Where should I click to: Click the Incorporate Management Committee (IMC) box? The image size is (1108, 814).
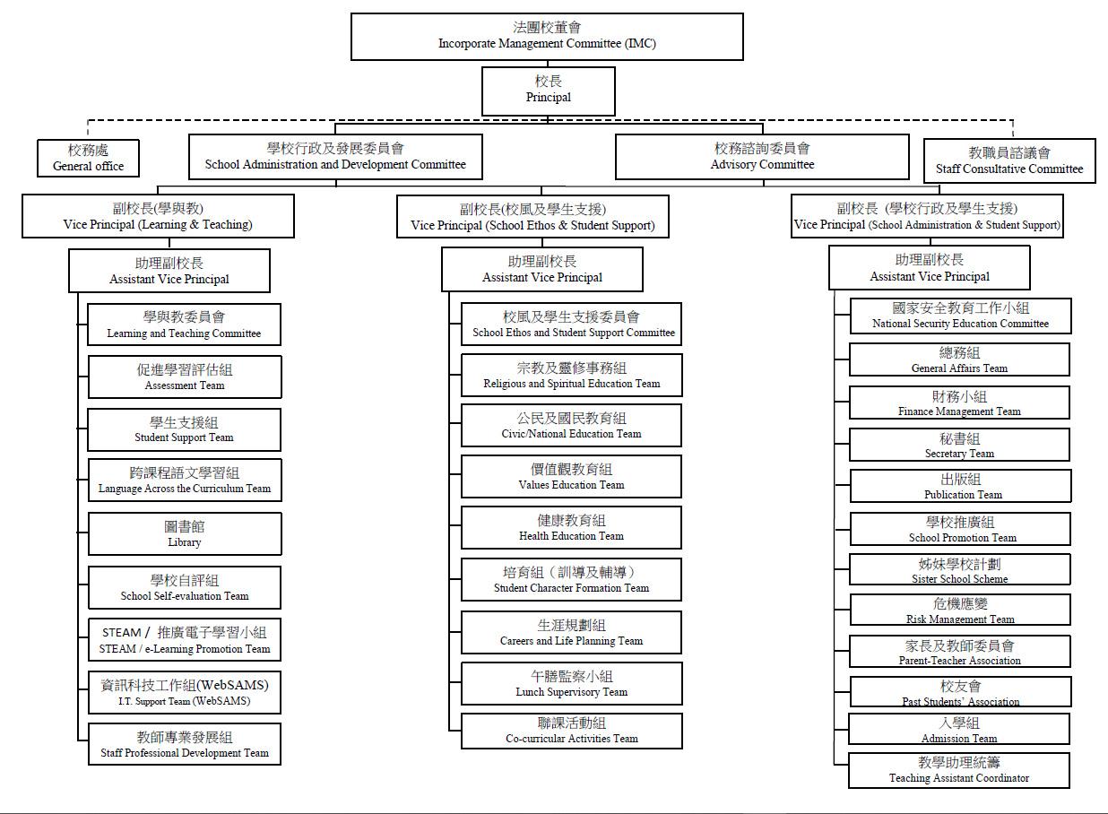click(x=547, y=37)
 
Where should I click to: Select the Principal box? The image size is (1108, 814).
click(x=548, y=91)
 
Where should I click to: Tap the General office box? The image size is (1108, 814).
click(x=88, y=159)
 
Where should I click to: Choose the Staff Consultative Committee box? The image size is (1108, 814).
click(x=1009, y=160)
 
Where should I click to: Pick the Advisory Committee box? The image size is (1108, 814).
click(x=762, y=156)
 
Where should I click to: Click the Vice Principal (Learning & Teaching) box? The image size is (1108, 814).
click(x=158, y=216)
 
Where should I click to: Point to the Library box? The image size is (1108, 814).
click(x=185, y=533)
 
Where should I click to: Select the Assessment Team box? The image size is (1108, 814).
click(x=185, y=377)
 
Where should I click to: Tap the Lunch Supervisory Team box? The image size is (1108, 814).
click(x=571, y=684)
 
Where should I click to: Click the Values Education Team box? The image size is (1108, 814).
click(x=571, y=477)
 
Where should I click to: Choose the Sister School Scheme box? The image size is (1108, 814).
click(x=959, y=570)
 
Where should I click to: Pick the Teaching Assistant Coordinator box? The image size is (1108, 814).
click(x=958, y=770)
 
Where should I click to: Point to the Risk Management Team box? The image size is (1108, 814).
click(x=959, y=610)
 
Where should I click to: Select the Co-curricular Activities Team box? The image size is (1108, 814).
click(x=571, y=731)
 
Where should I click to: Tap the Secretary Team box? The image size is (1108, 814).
click(x=959, y=445)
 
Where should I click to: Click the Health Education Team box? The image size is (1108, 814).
click(x=571, y=528)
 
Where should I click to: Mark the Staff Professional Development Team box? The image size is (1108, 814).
click(x=185, y=744)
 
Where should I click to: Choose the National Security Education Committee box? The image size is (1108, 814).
click(x=960, y=316)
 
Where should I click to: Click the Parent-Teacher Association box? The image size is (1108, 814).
click(x=959, y=652)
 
